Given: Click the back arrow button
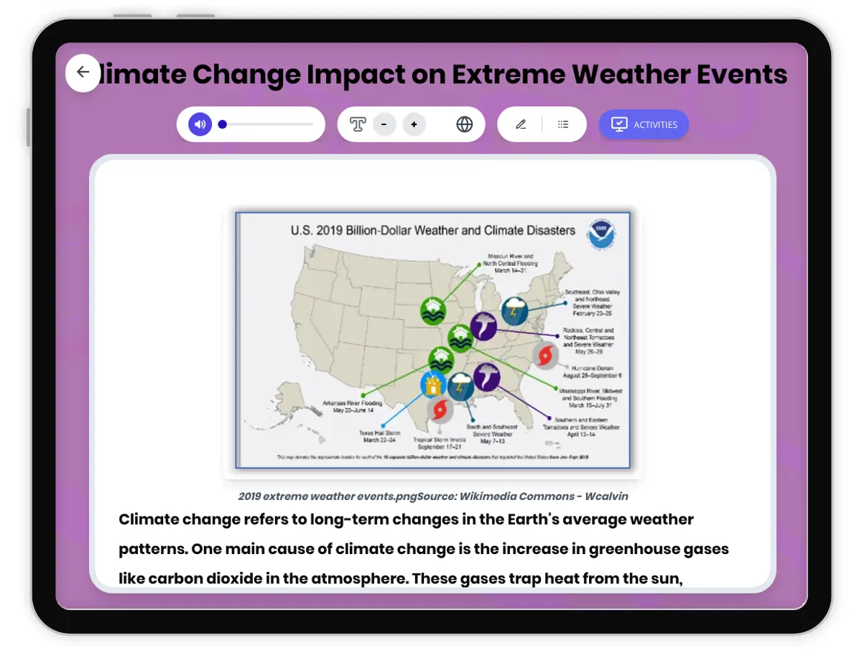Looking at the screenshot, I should point(83,72).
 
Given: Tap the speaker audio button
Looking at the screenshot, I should point(200,124).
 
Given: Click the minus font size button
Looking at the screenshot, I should point(384,124).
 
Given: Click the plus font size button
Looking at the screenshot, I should point(414,124).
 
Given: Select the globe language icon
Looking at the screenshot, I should point(465,124).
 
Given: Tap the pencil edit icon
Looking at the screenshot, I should point(521,124).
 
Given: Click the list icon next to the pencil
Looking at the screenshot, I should point(563,124).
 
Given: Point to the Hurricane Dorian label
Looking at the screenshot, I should point(593,371).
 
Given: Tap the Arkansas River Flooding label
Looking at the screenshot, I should point(353,407).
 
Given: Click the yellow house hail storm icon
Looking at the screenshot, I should point(432,386).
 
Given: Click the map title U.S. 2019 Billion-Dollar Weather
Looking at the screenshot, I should point(432,231).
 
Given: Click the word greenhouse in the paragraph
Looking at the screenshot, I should point(632,549).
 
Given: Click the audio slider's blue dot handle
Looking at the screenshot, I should point(223,124).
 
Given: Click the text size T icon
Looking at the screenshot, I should point(358,124).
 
